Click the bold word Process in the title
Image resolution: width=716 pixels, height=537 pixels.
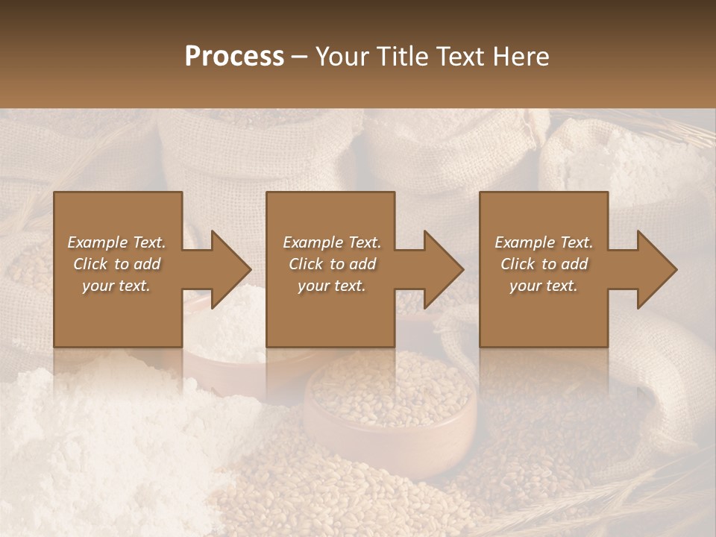point(234,57)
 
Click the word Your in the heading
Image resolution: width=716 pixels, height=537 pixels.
point(341,57)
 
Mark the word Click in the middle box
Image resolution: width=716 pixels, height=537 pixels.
point(305,264)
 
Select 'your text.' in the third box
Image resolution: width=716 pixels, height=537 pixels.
point(543,286)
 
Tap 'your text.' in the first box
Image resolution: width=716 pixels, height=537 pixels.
point(116,286)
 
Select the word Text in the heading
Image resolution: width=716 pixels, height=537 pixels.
point(462,57)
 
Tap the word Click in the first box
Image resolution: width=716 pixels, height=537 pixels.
point(89,264)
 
